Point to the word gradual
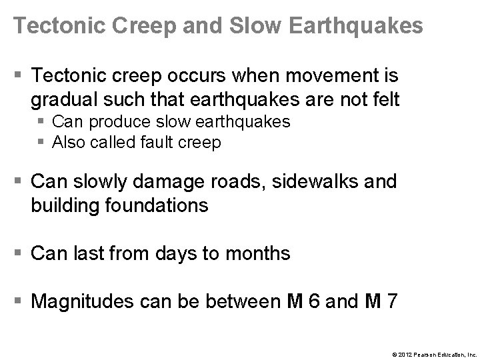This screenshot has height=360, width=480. [x=63, y=100]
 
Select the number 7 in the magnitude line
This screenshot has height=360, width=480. [x=393, y=301]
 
